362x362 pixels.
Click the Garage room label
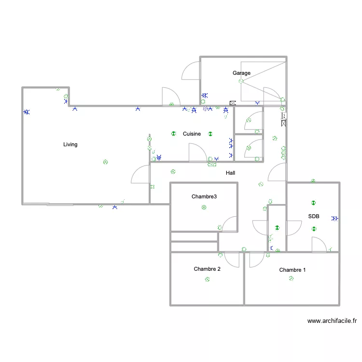[241, 73]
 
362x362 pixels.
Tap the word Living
[70, 144]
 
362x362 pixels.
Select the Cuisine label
[192, 134]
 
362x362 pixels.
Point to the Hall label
[230, 173]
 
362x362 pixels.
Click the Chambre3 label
[204, 196]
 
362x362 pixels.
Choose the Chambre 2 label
[207, 269]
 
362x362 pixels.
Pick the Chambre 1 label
[292, 270]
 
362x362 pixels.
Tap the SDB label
[314, 216]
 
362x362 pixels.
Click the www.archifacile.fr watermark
[332, 320]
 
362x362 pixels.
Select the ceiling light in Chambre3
[204, 208]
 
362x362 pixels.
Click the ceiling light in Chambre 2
[208, 279]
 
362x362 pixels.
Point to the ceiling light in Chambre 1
[291, 278]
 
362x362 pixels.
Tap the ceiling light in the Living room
[105, 162]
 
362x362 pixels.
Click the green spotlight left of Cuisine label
[174, 133]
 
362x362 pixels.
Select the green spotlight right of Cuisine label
[210, 134]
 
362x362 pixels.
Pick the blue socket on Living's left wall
[27, 112]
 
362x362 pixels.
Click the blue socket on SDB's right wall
[335, 218]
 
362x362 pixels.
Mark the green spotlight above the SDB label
[313, 203]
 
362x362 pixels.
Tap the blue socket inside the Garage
[205, 95]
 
